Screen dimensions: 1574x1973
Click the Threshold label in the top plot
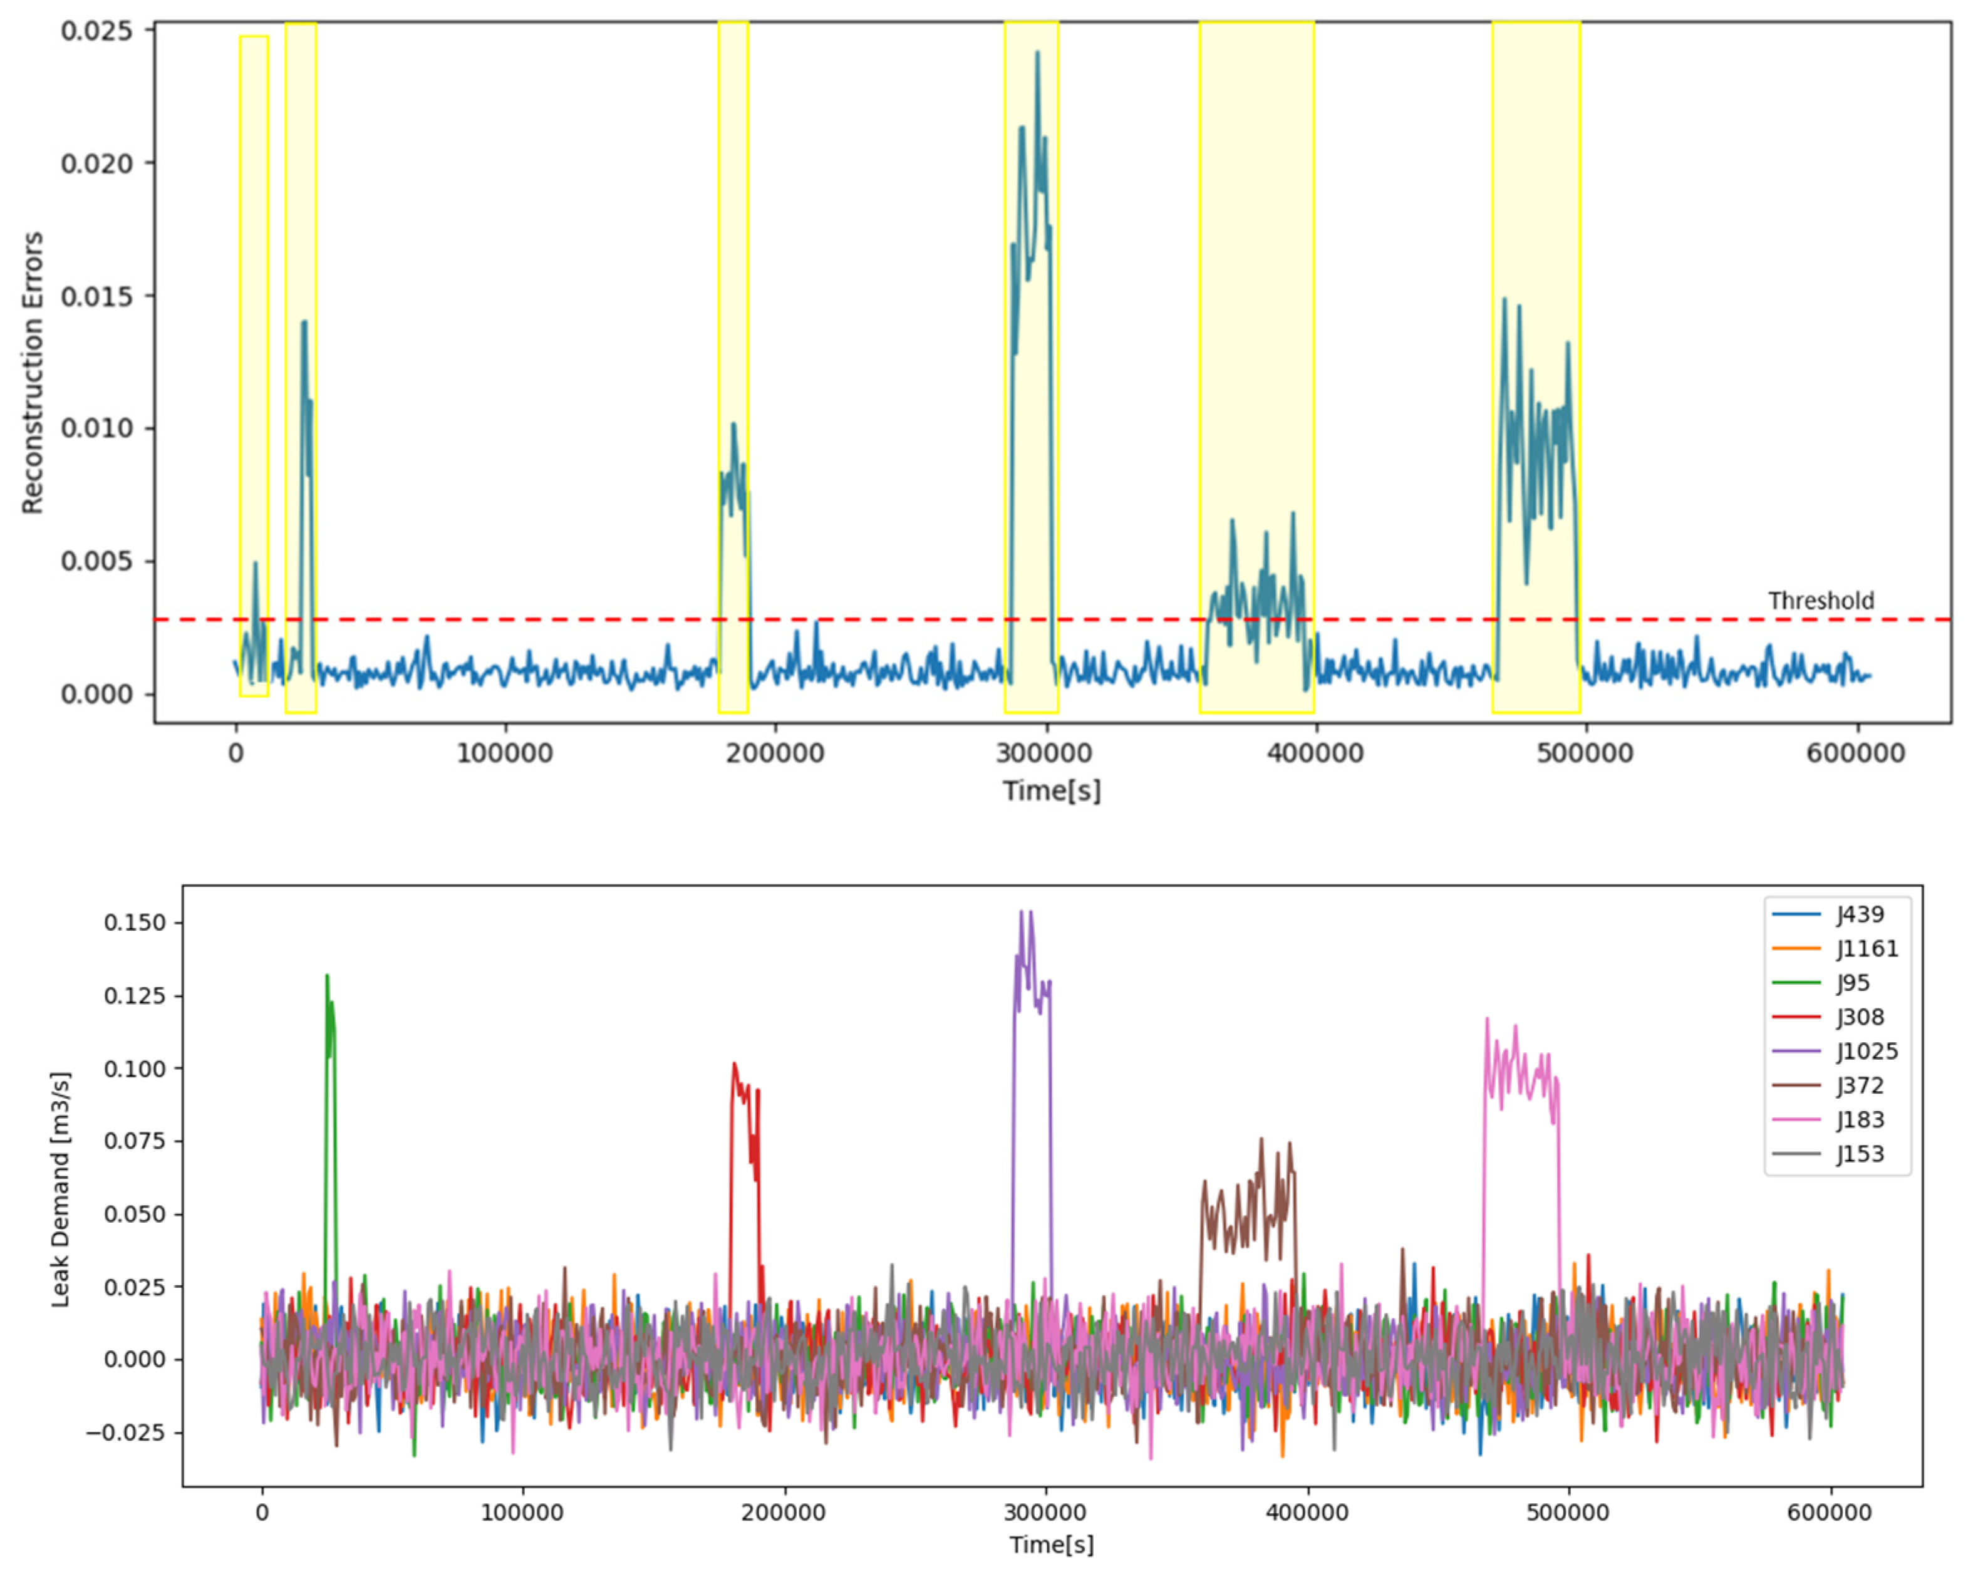click(1820, 601)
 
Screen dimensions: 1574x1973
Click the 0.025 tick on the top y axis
click(96, 31)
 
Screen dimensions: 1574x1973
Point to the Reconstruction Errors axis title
click(33, 373)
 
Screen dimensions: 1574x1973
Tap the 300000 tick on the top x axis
click(1043, 753)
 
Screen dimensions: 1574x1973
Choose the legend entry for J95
click(1853, 983)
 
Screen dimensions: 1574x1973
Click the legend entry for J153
click(1860, 1154)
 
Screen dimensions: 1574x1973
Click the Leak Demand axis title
click(60, 1189)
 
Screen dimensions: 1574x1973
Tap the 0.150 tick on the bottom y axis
click(135, 923)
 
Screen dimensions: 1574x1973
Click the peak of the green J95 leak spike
click(327, 976)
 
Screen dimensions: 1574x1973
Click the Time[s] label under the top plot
click(1052, 790)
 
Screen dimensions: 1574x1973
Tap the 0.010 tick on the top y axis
click(96, 428)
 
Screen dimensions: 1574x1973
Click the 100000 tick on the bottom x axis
click(522, 1513)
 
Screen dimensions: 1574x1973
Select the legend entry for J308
click(1860, 1017)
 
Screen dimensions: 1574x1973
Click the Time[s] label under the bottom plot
click(1052, 1545)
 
